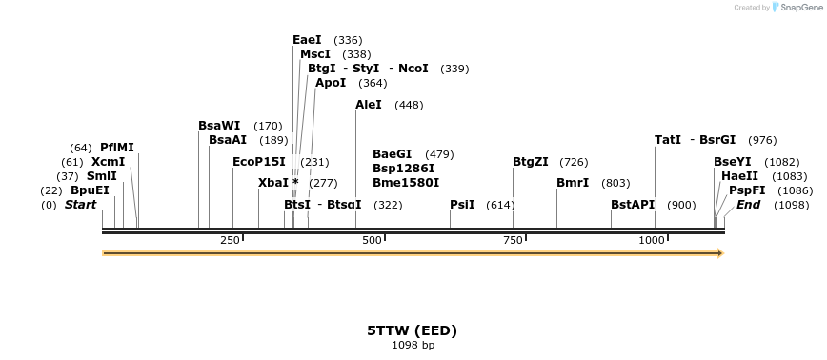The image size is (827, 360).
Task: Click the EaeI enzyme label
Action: pos(307,40)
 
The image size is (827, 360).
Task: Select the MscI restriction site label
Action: pos(315,54)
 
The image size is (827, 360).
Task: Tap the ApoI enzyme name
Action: pos(331,83)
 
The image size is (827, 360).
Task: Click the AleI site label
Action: pos(369,105)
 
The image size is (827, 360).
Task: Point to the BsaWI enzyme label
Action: pos(219,126)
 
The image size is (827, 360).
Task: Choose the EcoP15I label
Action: pos(259,162)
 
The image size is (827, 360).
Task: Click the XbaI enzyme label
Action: pos(273,183)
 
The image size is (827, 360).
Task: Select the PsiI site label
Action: pos(462,205)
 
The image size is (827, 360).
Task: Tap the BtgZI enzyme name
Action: pos(531,162)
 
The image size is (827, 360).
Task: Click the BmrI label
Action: pos(573,183)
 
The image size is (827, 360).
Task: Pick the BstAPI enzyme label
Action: pos(633,205)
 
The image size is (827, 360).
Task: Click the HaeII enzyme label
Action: pos(738,176)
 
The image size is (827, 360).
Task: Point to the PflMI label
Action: pos(117,148)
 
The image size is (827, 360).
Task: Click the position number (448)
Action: pos(409,105)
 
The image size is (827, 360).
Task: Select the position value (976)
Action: pos(762,140)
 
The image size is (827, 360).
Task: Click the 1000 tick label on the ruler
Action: pos(652,240)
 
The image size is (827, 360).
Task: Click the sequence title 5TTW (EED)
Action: pos(413,330)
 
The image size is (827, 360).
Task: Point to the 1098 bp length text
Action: pos(413,345)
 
